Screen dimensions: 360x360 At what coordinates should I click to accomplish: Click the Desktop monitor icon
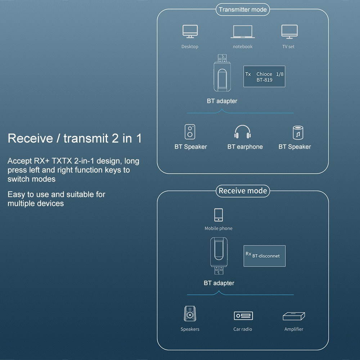click(x=190, y=32)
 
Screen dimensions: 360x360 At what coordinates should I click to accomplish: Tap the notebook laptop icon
click(x=243, y=32)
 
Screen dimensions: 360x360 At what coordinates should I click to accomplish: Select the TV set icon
click(x=289, y=31)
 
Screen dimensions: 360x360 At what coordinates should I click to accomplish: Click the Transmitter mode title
click(x=243, y=10)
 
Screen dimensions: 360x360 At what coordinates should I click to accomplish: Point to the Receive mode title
click(x=243, y=191)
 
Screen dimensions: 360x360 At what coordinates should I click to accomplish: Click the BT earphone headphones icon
click(x=242, y=132)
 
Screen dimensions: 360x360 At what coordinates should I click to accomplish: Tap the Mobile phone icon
click(x=218, y=215)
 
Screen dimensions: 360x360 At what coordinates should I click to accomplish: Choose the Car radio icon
click(x=243, y=316)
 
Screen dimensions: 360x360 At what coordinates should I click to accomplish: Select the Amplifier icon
click(x=294, y=316)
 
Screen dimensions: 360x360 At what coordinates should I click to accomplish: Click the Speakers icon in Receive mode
click(x=190, y=314)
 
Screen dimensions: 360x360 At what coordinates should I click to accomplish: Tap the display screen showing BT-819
click(x=264, y=76)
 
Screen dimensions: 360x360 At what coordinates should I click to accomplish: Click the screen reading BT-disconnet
click(x=264, y=256)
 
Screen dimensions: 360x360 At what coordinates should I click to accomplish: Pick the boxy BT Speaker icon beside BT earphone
click(x=190, y=132)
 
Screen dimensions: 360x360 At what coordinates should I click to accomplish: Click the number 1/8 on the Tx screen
click(x=280, y=74)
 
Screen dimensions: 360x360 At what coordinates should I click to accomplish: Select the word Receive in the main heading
click(x=30, y=138)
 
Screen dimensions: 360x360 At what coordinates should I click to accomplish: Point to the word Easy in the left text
click(x=16, y=194)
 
